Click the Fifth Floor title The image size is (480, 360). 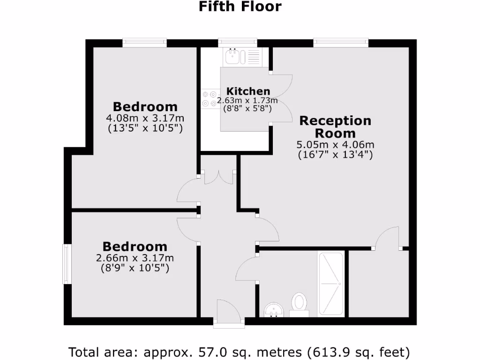(240, 7)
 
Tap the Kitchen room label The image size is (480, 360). (248, 91)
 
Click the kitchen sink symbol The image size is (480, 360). (232, 57)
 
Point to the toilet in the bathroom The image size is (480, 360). (299, 302)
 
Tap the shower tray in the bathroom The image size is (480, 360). (331, 284)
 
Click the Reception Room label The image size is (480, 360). (335, 127)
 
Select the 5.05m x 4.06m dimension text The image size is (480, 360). (335, 144)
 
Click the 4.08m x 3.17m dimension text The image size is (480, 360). (145, 118)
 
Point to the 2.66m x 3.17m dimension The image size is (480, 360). (135, 258)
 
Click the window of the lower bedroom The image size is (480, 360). (67, 264)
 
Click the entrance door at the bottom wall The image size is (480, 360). (228, 313)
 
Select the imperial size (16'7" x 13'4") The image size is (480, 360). (335, 154)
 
